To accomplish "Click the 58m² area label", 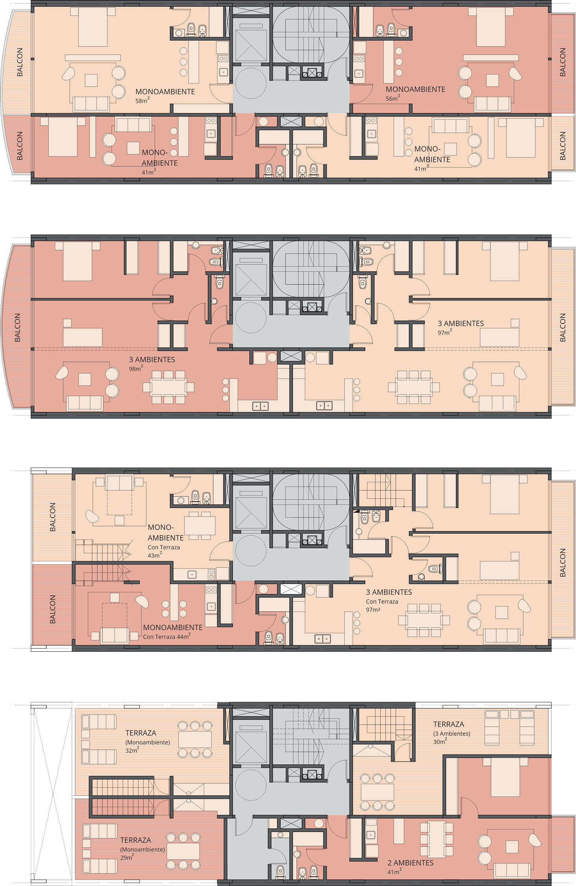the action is (142, 101).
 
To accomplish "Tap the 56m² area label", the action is (393, 98).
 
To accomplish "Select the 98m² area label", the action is (136, 369).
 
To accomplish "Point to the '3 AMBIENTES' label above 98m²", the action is (152, 360).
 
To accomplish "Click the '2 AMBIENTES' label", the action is (411, 863).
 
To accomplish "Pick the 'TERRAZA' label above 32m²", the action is (141, 733).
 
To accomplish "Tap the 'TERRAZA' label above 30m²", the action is (449, 724).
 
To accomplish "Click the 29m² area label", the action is (127, 857).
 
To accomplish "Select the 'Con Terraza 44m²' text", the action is (167, 636).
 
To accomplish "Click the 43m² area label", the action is (155, 555).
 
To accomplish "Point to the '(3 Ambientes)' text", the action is (452, 734).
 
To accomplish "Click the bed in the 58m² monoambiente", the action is (93, 27).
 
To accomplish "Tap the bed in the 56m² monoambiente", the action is (491, 27).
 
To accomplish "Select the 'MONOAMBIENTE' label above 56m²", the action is (416, 89).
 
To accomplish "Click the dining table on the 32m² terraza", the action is (195, 739).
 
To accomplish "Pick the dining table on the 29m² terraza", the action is (183, 851).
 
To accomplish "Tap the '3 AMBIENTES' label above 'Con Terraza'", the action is (389, 592).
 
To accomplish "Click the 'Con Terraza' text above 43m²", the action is (164, 547).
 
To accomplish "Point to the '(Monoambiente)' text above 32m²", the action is (148, 742).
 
